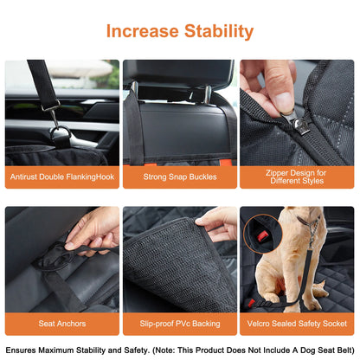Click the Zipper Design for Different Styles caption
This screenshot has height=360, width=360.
[297, 178]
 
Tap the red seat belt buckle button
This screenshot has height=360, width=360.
[255, 237]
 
